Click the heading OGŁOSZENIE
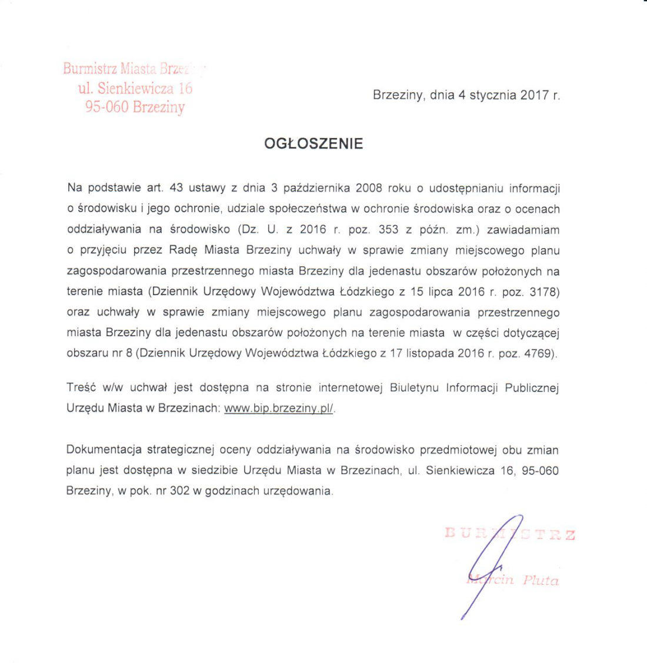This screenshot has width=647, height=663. [314, 143]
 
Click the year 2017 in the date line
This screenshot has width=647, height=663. [534, 95]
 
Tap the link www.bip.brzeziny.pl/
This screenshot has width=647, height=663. [279, 408]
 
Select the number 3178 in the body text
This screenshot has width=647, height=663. [543, 292]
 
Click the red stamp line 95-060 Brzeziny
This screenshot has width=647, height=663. [135, 107]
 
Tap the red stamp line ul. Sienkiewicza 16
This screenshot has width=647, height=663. [135, 88]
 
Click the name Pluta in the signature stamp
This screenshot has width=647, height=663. [541, 581]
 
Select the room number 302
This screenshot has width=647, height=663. [179, 491]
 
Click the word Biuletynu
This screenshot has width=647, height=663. [415, 388]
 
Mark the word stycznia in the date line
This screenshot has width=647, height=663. [493, 95]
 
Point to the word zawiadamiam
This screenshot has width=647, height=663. [523, 229]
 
